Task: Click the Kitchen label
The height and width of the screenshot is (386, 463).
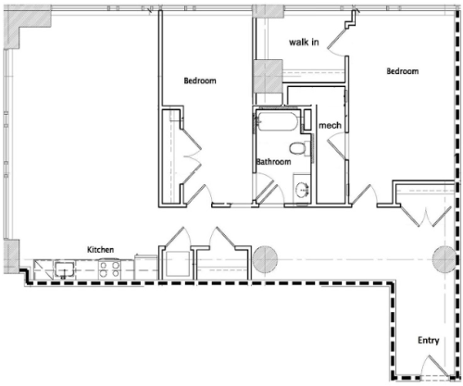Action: [100, 249]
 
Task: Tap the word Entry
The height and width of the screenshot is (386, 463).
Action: [429, 341]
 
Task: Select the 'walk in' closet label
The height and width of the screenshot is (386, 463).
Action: [304, 42]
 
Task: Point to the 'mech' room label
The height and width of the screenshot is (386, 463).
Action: [330, 125]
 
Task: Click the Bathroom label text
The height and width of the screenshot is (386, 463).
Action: [273, 161]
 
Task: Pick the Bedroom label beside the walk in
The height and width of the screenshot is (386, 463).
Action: [403, 71]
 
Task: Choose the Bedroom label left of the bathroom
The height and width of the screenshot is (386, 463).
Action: [200, 81]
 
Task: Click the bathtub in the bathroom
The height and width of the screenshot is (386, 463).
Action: [277, 121]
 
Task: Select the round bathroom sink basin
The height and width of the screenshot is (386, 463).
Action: [303, 189]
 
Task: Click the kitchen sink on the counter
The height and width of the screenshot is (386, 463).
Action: [65, 269]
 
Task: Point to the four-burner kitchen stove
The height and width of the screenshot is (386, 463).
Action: [109, 269]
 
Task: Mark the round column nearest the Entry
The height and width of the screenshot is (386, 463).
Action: [444, 259]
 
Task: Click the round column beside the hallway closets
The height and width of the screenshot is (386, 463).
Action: [265, 259]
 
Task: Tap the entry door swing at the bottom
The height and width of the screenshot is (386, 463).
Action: [434, 366]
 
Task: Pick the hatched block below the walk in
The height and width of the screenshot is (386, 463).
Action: [268, 76]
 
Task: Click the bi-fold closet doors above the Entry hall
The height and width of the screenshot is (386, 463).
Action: [427, 216]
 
